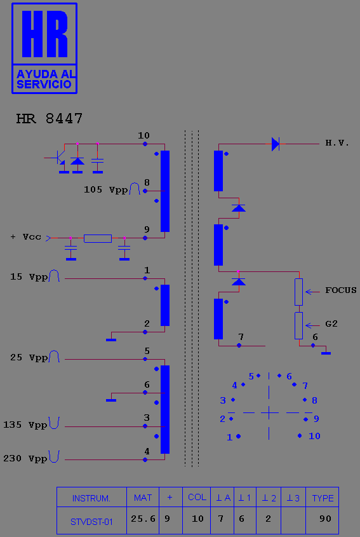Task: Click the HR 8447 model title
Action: (x=50, y=119)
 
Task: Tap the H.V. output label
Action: (x=337, y=143)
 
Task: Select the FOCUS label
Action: (x=341, y=290)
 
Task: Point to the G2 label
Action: (x=331, y=323)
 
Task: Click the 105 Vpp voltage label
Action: (x=106, y=190)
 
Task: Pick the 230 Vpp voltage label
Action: (x=25, y=459)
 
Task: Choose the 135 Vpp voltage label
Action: (x=25, y=425)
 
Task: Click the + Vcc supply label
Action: (x=25, y=237)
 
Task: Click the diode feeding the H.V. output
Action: (x=276, y=144)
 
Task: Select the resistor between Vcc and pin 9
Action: (x=98, y=238)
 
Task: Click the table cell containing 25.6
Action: (x=143, y=519)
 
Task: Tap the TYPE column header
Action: (x=323, y=498)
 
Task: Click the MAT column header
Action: (x=143, y=498)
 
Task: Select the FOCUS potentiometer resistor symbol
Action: (x=299, y=292)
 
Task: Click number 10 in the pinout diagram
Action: (x=314, y=436)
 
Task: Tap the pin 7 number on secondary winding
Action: (x=241, y=337)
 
